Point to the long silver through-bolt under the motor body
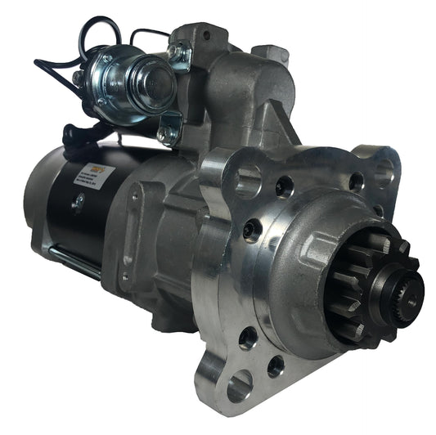point(74,260)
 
